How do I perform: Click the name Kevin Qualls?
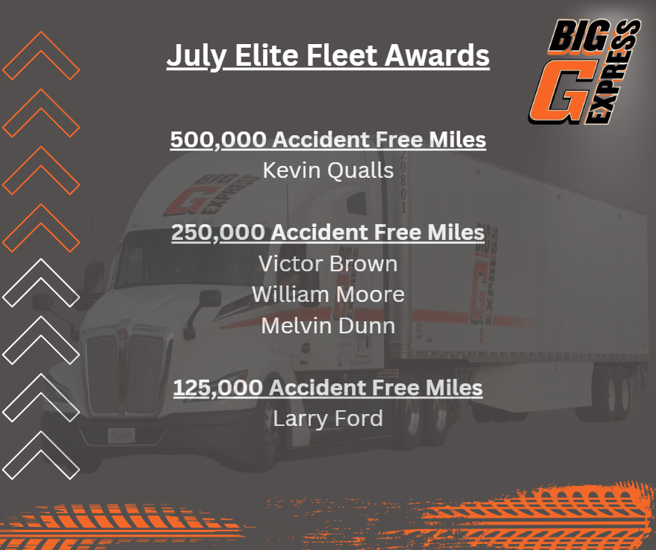click(x=329, y=170)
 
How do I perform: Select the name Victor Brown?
click(x=328, y=264)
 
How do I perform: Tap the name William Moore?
click(x=328, y=294)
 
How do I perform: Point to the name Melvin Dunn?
click(x=328, y=326)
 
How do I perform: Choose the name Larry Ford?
click(x=328, y=418)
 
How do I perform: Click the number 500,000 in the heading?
click(x=218, y=140)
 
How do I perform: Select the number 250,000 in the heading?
click(x=218, y=232)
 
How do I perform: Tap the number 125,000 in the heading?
click(x=218, y=388)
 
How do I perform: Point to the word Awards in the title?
click(x=437, y=55)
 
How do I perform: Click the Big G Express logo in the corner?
click(x=584, y=72)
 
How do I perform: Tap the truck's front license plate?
click(x=121, y=436)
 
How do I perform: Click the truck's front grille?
click(x=126, y=374)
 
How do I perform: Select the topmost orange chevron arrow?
click(x=41, y=55)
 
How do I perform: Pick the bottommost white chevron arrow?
click(x=41, y=455)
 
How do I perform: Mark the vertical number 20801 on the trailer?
click(x=403, y=182)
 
